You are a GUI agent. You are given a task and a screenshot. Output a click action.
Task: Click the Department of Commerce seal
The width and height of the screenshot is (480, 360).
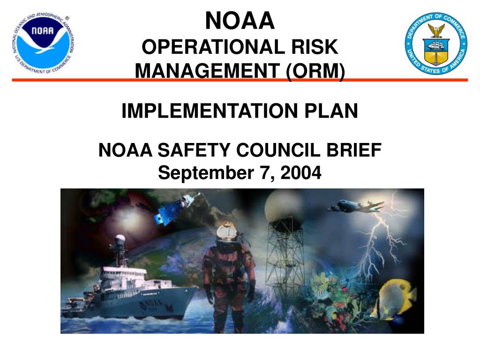tap(436, 44)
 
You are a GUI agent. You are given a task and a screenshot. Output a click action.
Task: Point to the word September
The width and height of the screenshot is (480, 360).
tap(203, 173)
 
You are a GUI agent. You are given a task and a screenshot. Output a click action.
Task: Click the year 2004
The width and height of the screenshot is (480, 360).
tap(301, 173)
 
